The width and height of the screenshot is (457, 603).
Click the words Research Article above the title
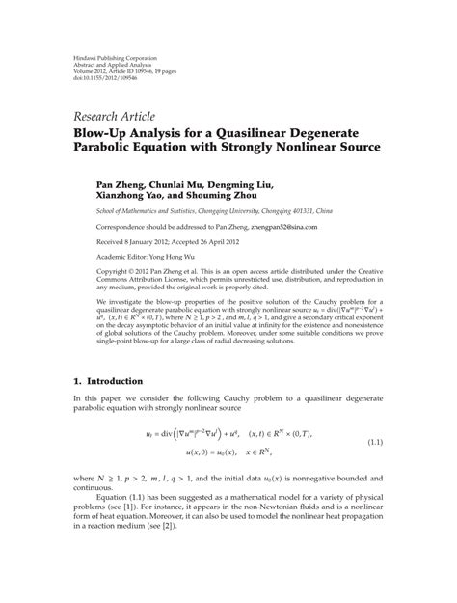pos(134,106)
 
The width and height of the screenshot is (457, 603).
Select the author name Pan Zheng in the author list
pos(121,183)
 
